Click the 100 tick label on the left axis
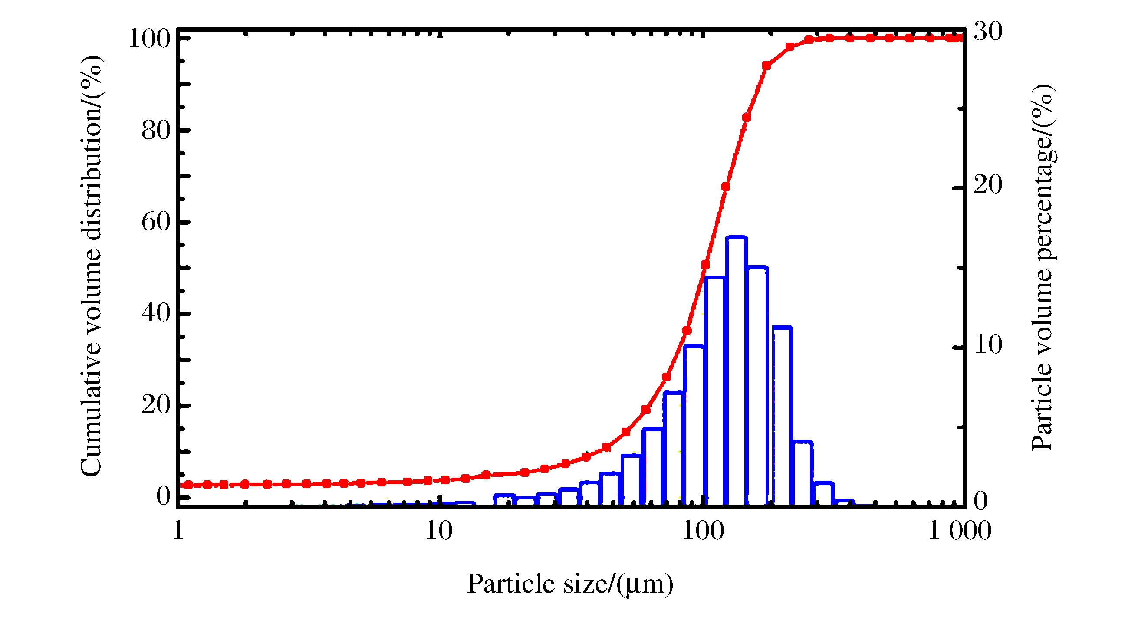pos(149,39)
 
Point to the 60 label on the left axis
pos(156,222)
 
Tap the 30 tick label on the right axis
pos(988,32)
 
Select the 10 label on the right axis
pos(988,344)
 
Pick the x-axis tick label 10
pos(439,531)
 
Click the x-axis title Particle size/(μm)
pos(570,584)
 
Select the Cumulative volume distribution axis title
pos(92,266)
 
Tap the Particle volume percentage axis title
pos(1043,268)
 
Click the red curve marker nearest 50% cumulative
pos(706,265)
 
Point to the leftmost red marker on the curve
pos(189,485)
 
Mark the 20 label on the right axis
pos(988,184)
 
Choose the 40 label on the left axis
pos(156,313)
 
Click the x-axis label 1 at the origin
pos(178,531)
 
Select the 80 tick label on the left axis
pos(156,130)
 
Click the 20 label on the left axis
pos(156,404)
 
